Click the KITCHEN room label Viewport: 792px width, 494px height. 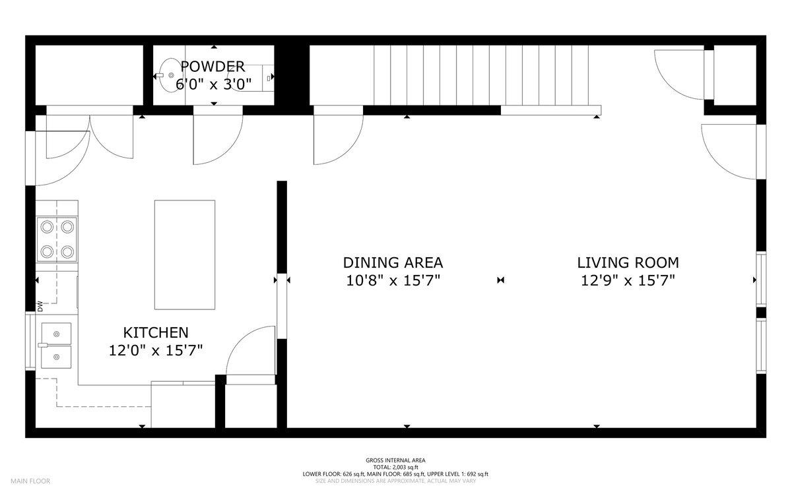[156, 332]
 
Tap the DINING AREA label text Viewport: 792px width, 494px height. [393, 262]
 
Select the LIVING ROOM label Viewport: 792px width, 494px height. [628, 262]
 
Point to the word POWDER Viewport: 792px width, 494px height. [213, 67]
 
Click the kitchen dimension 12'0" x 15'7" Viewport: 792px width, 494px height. [156, 350]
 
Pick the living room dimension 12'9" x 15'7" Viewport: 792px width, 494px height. [628, 280]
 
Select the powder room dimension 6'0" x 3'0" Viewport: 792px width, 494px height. [214, 84]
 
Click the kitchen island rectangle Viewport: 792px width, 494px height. [185, 255]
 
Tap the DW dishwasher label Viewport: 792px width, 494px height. [40, 306]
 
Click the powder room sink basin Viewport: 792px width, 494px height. [170, 75]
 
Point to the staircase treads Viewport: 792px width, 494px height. [481, 75]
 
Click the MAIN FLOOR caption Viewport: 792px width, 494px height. [30, 481]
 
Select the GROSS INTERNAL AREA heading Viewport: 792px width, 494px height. [395, 460]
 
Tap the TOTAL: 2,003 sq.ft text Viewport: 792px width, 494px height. [395, 467]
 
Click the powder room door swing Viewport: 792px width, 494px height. [218, 140]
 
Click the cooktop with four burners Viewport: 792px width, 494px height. [57, 239]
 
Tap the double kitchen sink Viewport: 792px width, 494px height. [56, 345]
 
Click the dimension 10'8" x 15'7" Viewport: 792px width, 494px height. [393, 280]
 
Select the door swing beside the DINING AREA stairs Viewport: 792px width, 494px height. [339, 140]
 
